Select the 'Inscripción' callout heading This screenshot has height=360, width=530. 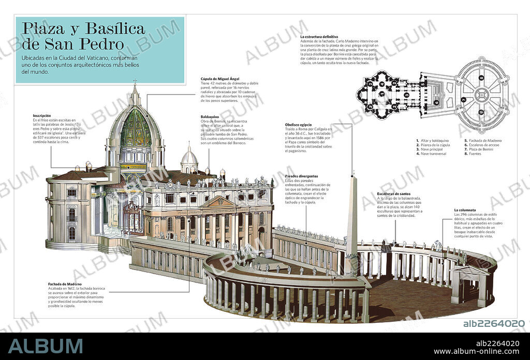[x=41, y=116]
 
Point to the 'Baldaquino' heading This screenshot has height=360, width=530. [x=211, y=117]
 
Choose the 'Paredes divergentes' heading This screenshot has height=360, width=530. [x=302, y=176]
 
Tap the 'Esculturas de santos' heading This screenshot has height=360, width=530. [x=394, y=193]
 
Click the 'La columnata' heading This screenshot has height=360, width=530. [x=465, y=210]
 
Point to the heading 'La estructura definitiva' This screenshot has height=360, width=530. [x=319, y=37]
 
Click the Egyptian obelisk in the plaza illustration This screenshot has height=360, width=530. [x=352, y=217]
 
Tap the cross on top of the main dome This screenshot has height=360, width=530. [x=135, y=82]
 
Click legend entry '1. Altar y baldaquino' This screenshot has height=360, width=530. [x=433, y=140]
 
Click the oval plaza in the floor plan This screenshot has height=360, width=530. [x=482, y=94]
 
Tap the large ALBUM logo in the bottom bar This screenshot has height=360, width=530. [x=45, y=346]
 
